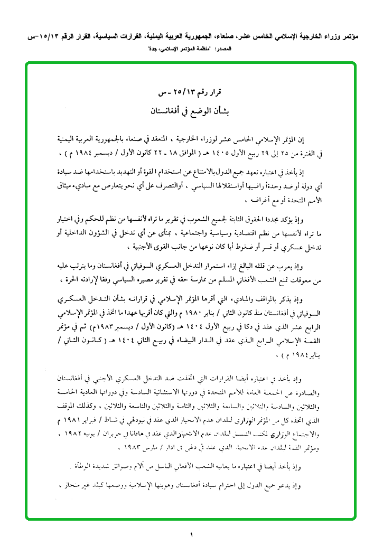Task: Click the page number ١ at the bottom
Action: (191, 536)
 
